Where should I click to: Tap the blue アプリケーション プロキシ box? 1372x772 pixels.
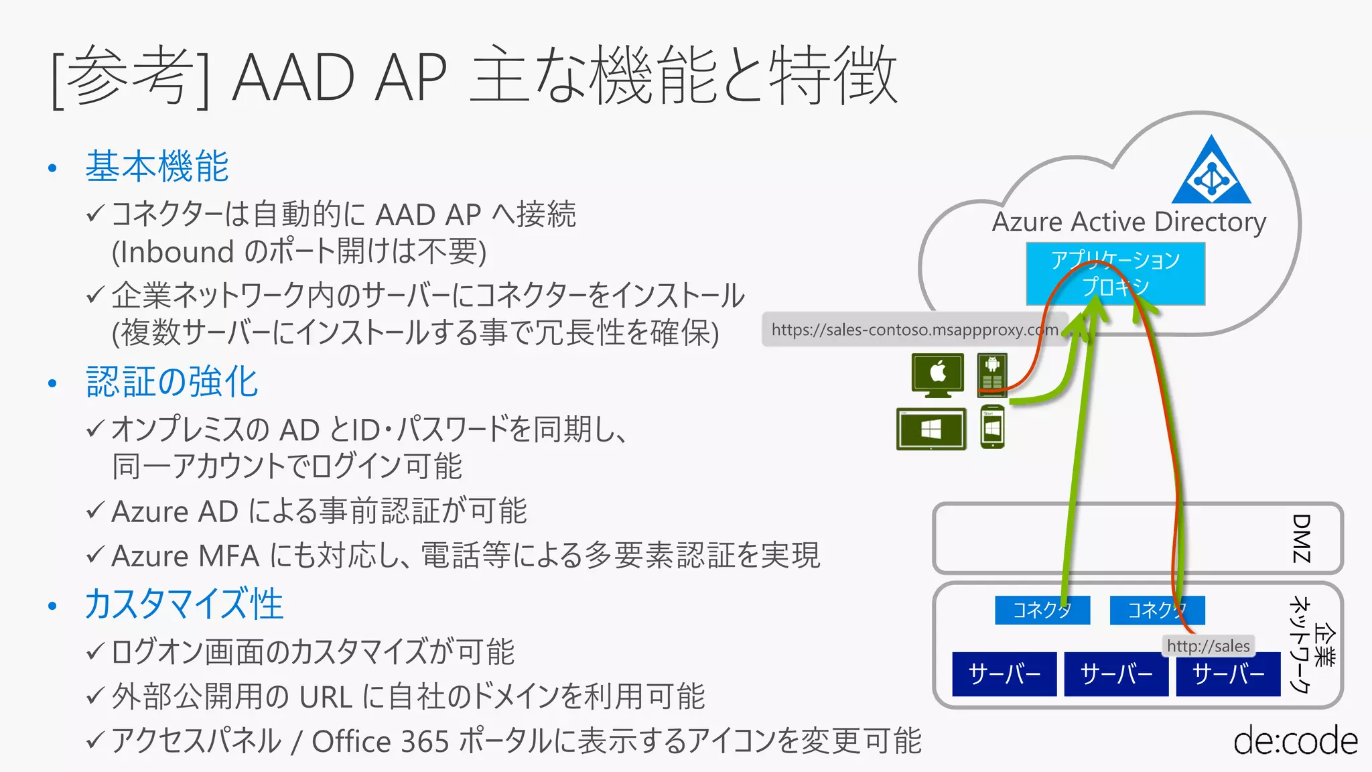[1115, 273]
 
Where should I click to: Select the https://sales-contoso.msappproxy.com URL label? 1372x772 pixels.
[914, 329]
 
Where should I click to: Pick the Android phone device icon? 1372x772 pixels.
[992, 374]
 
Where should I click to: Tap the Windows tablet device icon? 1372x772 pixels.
[931, 429]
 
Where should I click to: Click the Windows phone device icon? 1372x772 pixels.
[992, 428]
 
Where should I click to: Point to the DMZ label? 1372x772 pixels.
[1301, 538]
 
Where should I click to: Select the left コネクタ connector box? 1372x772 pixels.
[1042, 610]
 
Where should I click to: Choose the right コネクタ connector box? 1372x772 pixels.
[1157, 610]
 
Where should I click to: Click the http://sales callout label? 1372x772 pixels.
[1208, 646]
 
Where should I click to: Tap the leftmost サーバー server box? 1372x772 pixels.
[1004, 673]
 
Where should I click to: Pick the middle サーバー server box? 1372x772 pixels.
[1116, 673]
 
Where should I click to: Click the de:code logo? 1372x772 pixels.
[1295, 741]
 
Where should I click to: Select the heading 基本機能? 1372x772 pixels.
[157, 166]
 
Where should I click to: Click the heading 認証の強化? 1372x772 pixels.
[172, 382]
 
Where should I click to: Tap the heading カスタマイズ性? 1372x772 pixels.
[184, 604]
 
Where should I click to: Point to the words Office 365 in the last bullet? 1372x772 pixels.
[380, 741]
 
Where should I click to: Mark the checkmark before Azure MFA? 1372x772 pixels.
[95, 554]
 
